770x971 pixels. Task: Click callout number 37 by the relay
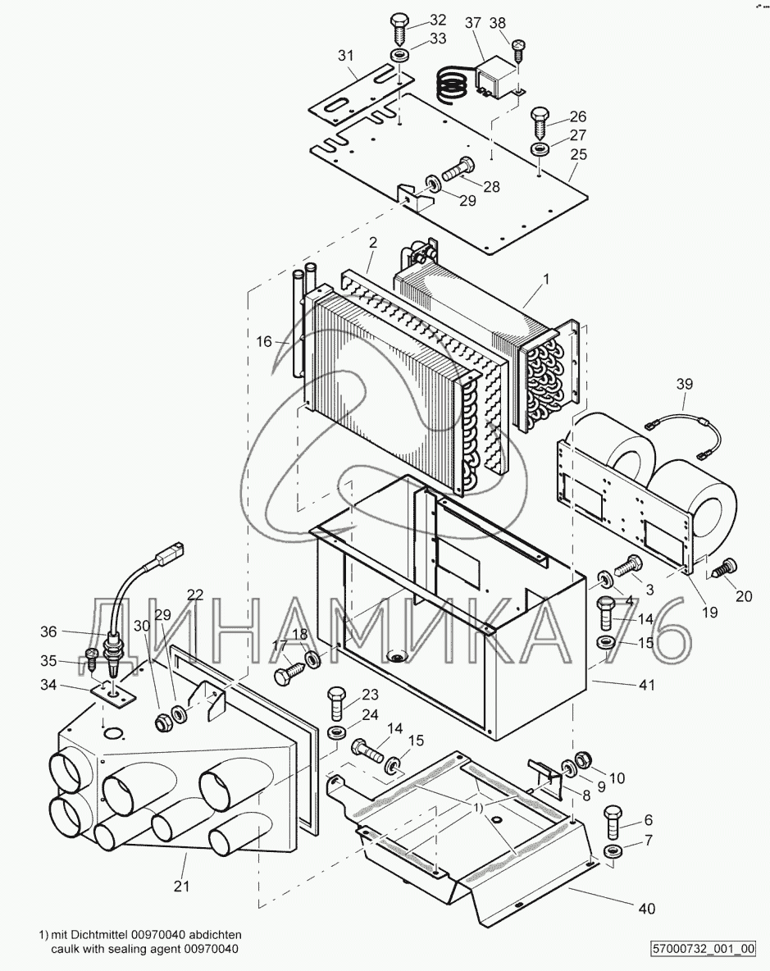(473, 23)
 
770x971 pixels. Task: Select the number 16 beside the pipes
(264, 341)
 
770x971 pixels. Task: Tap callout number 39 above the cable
(684, 384)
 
